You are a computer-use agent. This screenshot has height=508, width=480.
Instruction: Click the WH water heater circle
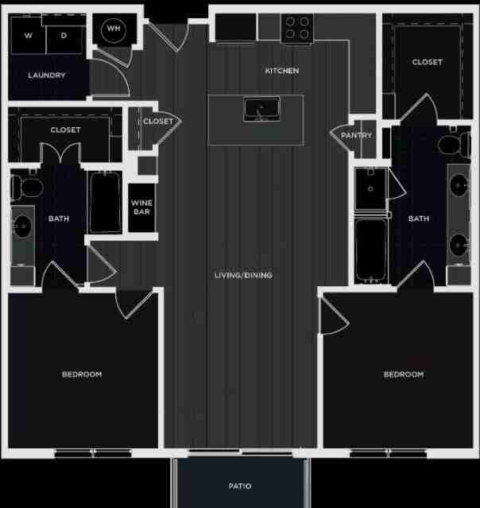click(x=114, y=30)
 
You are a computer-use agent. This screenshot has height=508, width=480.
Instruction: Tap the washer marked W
click(x=28, y=36)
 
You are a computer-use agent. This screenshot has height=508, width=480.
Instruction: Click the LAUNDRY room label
click(x=46, y=76)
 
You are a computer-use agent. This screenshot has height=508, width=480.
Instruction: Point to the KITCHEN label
click(x=282, y=71)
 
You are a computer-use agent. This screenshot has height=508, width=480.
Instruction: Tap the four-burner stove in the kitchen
click(x=298, y=29)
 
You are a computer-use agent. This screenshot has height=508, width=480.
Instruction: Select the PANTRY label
click(x=356, y=135)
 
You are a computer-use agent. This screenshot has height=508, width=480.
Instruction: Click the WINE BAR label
click(x=141, y=207)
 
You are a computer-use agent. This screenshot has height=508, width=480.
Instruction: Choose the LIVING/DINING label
click(x=243, y=275)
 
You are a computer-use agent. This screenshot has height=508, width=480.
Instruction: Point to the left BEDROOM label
click(x=82, y=374)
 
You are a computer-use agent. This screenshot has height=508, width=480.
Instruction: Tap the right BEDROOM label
click(x=404, y=374)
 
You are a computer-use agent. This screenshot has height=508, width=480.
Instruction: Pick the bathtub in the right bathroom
click(x=370, y=250)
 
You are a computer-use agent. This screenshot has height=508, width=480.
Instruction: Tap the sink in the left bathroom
click(x=22, y=228)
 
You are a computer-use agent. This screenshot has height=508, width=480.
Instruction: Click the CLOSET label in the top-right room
click(x=427, y=62)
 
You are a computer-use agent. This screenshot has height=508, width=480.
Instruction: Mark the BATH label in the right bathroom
click(x=419, y=219)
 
